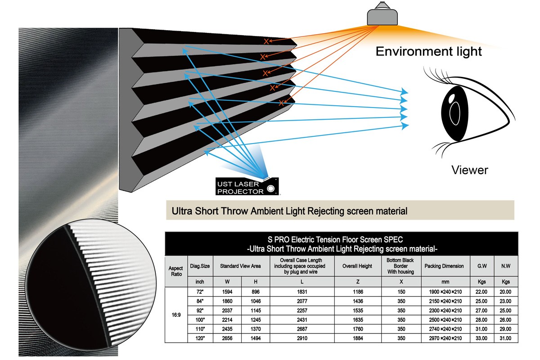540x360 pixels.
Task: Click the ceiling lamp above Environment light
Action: coord(382,14)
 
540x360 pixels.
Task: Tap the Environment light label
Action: coord(428,52)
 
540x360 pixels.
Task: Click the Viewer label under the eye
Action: coord(470,170)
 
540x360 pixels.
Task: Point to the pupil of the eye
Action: coord(454,113)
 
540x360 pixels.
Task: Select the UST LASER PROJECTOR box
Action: coord(247,186)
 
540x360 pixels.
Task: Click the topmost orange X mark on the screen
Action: coord(266,41)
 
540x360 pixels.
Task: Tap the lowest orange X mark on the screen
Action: coord(281,103)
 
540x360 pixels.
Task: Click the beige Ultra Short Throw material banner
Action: coord(340,210)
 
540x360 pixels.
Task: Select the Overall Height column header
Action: coord(357,266)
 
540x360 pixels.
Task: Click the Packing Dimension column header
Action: coord(444,266)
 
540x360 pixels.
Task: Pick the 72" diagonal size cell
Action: coord(200,292)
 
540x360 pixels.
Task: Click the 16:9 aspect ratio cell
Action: coord(176,315)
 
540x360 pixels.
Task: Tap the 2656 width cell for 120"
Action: coord(227,338)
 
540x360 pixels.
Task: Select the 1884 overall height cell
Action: coord(358,338)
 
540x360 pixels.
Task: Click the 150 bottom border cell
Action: coord(401,292)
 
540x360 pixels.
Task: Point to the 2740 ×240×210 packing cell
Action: coord(445,329)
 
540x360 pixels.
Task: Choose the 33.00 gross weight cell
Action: coord(481,338)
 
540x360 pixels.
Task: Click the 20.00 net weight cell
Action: coord(505,292)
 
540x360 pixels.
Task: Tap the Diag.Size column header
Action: coord(200,266)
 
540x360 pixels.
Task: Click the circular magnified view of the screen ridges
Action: coord(91,284)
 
